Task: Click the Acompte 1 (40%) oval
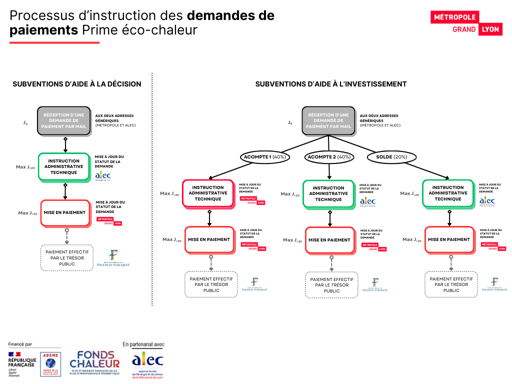click(x=265, y=157)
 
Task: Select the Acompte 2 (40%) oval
click(x=329, y=157)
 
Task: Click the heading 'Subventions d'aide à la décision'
click(x=76, y=84)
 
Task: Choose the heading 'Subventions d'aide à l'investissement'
click(x=331, y=84)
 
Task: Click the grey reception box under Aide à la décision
click(x=64, y=121)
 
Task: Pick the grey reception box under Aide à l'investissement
click(x=328, y=121)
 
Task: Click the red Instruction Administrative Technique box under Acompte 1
click(x=208, y=193)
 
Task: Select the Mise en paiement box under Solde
click(x=448, y=239)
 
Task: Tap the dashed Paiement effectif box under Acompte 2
click(x=331, y=285)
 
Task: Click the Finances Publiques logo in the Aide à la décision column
click(x=113, y=258)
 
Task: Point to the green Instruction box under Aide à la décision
click(x=64, y=167)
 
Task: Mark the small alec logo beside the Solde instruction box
click(x=487, y=201)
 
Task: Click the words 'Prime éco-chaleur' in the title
click(x=140, y=30)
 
